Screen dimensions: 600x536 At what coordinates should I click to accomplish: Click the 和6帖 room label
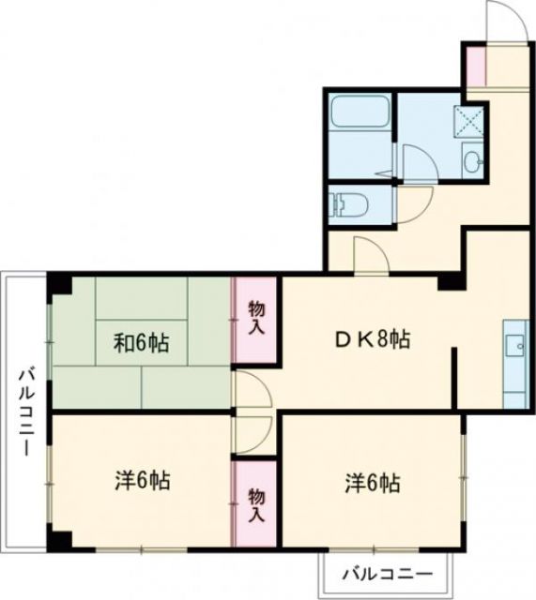coord(142,343)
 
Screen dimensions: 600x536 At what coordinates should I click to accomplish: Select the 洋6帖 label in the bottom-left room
coord(142,482)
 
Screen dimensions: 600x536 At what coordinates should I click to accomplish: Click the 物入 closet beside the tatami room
coord(255,318)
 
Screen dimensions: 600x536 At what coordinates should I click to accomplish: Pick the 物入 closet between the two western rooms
coord(255,504)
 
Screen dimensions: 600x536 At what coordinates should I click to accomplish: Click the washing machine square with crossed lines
coord(467,119)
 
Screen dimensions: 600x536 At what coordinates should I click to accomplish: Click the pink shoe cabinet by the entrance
coord(474,64)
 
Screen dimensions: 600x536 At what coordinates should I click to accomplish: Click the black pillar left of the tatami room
coord(59,282)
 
